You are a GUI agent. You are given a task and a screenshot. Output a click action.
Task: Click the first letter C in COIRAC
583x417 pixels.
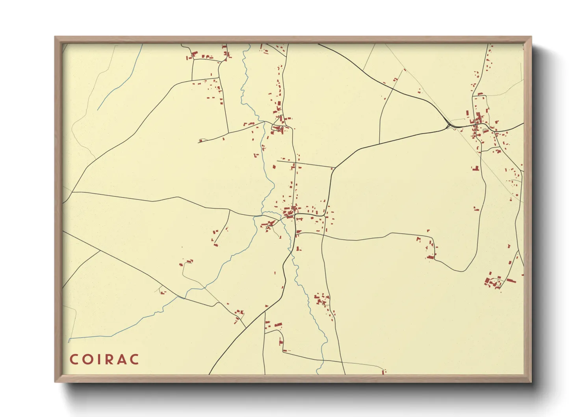(74, 359)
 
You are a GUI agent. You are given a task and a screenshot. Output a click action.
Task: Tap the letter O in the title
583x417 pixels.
(87, 359)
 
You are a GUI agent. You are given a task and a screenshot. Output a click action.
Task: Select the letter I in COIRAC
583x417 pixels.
(98, 359)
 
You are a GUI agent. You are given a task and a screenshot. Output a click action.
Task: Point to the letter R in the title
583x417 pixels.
(108, 359)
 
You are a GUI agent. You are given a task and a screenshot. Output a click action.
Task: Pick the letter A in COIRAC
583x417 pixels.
(121, 359)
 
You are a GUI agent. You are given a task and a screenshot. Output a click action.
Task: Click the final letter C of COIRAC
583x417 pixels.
(134, 359)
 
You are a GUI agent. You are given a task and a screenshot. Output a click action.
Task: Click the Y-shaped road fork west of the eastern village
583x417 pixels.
(448, 126)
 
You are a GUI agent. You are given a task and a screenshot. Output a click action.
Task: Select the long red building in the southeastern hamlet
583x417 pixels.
(511, 281)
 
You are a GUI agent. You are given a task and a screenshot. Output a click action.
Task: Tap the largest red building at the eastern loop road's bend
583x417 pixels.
(431, 257)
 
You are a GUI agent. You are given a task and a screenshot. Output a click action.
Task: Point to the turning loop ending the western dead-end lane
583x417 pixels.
(201, 140)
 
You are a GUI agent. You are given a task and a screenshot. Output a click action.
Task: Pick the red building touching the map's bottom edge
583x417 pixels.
(384, 372)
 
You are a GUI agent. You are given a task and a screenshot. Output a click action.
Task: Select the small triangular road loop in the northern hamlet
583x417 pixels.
(278, 127)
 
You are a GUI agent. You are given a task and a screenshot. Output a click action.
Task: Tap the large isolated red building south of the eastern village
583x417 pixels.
(475, 168)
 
